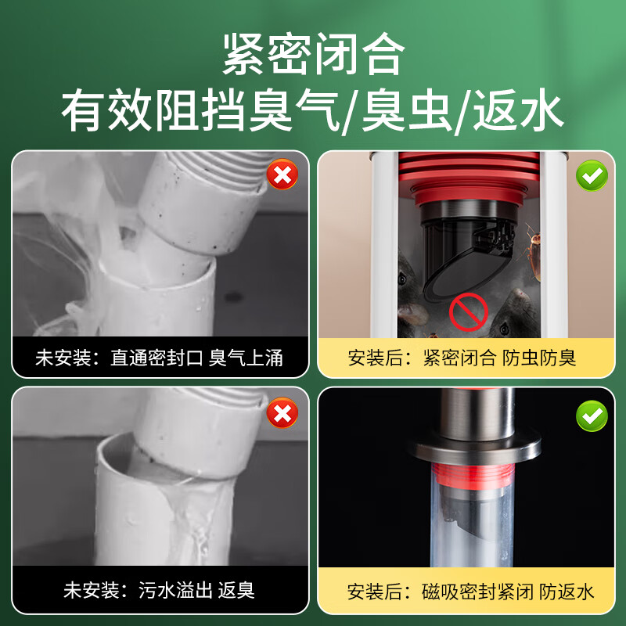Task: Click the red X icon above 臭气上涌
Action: (x=282, y=174)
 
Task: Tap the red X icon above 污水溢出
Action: (x=282, y=412)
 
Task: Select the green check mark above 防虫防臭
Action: (x=592, y=175)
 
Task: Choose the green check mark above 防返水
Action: (x=592, y=415)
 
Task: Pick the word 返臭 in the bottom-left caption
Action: (x=237, y=589)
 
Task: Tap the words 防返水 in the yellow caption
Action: (x=567, y=591)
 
